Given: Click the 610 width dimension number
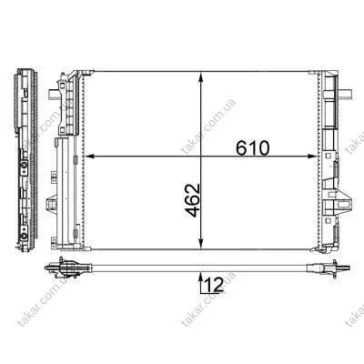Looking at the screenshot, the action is click(252, 148).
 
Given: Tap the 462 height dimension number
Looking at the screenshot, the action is click(193, 200).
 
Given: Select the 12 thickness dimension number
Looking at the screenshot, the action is click(214, 284).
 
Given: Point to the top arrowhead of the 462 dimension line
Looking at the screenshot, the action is click(200, 76).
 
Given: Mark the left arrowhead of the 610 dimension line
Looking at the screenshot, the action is click(88, 157).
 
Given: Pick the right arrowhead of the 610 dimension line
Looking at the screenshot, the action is click(312, 157).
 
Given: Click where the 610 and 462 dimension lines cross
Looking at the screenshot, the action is click(200, 157).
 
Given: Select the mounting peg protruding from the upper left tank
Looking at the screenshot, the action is click(53, 95).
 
